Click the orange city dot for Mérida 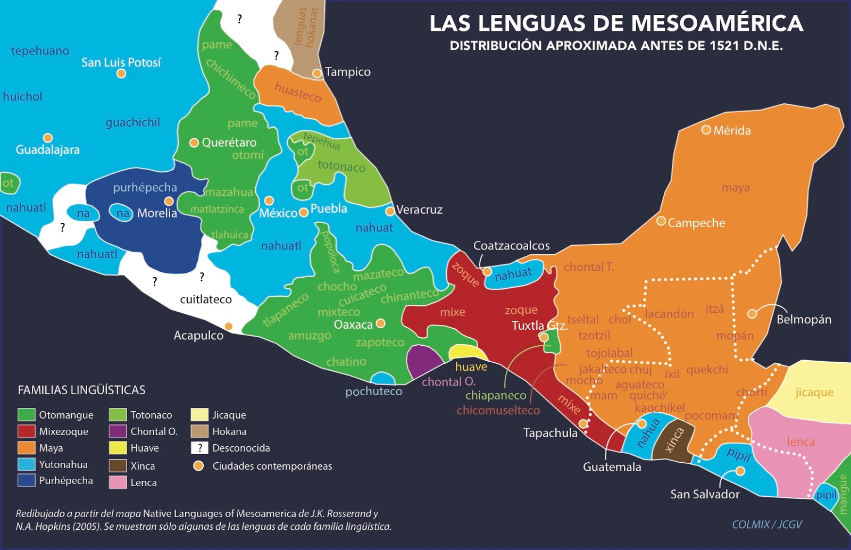coord(706,130)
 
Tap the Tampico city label coord(347,72)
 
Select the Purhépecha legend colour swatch coord(27,480)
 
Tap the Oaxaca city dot coord(380,323)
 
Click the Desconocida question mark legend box coord(199,448)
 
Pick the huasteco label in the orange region coord(297,93)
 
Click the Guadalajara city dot coord(48,138)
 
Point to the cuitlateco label coord(206,299)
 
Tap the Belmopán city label coord(803,320)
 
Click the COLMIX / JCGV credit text coord(766,524)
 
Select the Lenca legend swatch coord(118,482)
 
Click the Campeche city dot coord(661,221)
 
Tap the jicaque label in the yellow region coord(814,393)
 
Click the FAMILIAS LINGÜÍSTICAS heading coord(81,390)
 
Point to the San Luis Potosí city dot coord(121,73)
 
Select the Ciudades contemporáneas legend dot coord(198,466)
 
